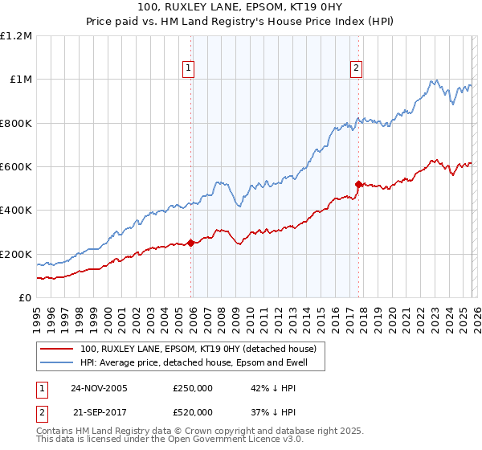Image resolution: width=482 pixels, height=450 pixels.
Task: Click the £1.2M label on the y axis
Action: pyautogui.click(x=16, y=36)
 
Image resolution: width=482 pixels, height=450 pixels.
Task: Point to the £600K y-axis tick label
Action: pyautogui.click(x=16, y=167)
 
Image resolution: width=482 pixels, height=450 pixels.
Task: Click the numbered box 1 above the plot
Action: pyautogui.click(x=188, y=68)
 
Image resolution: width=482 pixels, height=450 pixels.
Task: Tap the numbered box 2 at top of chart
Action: pyautogui.click(x=355, y=68)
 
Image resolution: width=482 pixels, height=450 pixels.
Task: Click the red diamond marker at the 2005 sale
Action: pyautogui.click(x=190, y=243)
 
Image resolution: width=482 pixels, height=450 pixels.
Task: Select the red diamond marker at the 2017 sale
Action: pyautogui.click(x=358, y=184)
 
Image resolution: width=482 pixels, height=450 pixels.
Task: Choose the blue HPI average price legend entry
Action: pyautogui.click(x=201, y=363)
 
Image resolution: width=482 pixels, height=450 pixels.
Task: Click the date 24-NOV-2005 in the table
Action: pyautogui.click(x=99, y=388)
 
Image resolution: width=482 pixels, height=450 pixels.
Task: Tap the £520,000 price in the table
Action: pyautogui.click(x=192, y=411)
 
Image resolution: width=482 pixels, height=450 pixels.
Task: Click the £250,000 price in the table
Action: pyautogui.click(x=192, y=388)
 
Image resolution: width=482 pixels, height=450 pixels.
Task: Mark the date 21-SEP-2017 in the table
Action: pyautogui.click(x=99, y=411)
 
